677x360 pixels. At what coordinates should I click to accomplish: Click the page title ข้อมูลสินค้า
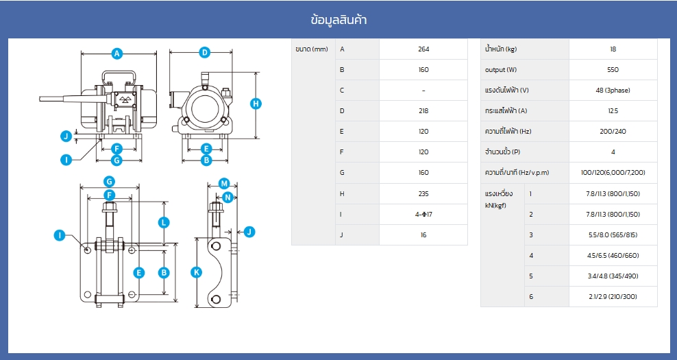[x=338, y=20]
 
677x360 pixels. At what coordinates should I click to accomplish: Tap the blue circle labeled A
[x=116, y=54]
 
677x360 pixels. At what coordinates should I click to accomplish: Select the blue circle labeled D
[x=204, y=53]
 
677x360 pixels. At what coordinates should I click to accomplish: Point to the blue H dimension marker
[x=256, y=104]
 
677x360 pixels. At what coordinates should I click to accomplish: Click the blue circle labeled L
[x=163, y=223]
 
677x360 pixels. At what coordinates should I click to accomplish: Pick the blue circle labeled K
[x=197, y=272]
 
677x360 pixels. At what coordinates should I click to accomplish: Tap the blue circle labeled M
[x=223, y=184]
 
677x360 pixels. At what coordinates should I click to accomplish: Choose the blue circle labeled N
[x=228, y=197]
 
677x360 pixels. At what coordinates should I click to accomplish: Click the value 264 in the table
[x=423, y=49]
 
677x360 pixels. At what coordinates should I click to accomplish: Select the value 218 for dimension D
[x=423, y=110]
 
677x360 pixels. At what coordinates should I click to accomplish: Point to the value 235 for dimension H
[x=423, y=193]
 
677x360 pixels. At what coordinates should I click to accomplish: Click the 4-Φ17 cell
[x=423, y=215]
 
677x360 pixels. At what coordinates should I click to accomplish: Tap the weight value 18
[x=613, y=49]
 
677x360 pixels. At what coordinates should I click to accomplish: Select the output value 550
[x=613, y=69]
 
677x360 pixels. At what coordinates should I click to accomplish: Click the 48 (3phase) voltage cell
[x=613, y=91]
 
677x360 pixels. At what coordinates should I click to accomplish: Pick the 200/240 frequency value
[x=613, y=132]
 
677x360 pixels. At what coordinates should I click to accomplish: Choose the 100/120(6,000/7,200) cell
[x=613, y=172]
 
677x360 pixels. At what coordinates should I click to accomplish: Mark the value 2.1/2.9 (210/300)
[x=613, y=296]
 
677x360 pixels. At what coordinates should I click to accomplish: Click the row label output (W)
[x=501, y=69]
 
